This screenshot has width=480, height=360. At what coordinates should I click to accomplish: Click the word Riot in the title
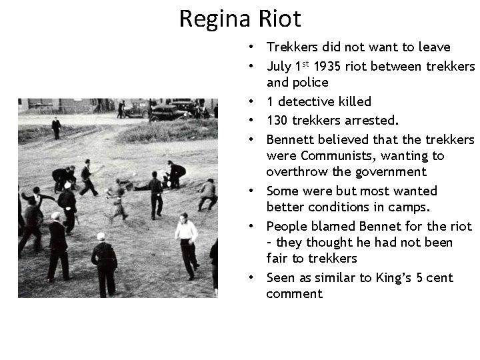coord(278,19)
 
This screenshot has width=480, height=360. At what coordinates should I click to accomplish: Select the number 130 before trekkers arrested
coord(278,121)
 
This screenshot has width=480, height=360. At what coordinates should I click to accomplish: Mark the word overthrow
coord(295,172)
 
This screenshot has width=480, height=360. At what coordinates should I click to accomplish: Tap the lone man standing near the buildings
coord(56,127)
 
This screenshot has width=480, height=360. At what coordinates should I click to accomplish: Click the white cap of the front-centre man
coord(101,236)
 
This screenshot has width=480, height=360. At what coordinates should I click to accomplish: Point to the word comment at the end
coord(294,294)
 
